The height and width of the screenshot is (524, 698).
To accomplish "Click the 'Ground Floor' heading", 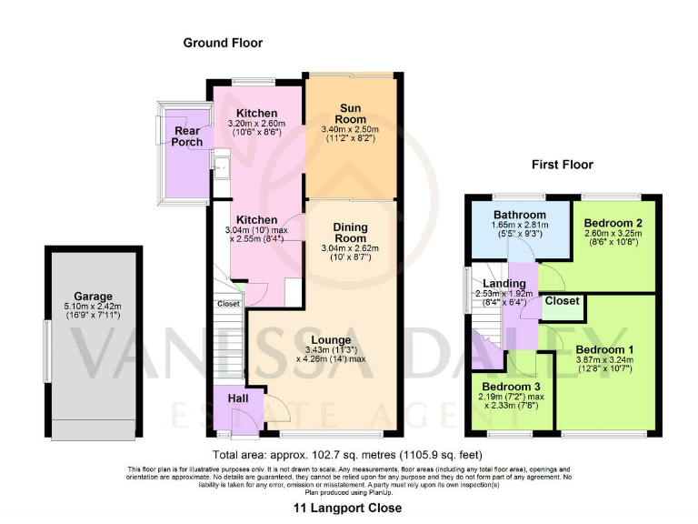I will (x=223, y=43).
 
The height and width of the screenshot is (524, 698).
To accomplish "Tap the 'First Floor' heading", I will (x=562, y=165).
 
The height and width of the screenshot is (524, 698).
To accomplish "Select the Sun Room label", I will (x=350, y=113).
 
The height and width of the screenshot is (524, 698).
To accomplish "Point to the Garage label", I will (x=94, y=297).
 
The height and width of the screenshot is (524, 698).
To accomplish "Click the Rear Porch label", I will (x=188, y=136).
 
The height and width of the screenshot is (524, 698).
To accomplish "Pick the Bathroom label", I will (x=520, y=215).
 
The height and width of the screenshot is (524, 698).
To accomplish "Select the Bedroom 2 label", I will (x=613, y=222).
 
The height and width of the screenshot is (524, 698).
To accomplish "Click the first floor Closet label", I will (x=563, y=300).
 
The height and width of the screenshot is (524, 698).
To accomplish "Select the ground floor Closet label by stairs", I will (x=228, y=304).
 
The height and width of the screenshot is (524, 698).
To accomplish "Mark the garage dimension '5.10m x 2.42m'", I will (x=94, y=307).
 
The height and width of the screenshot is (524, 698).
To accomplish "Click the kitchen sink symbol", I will (x=220, y=166).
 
